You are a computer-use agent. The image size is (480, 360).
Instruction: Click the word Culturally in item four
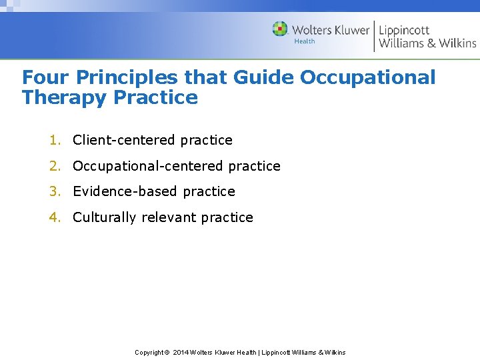105,217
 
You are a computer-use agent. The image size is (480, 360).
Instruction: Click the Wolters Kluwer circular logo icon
280,29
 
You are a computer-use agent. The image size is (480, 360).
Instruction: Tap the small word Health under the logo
305,41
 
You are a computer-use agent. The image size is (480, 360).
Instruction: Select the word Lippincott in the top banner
404,30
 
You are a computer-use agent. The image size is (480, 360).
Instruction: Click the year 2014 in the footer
181,352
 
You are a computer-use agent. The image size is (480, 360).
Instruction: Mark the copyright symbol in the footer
167,352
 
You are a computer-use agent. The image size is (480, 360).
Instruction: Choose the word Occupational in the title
367,77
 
